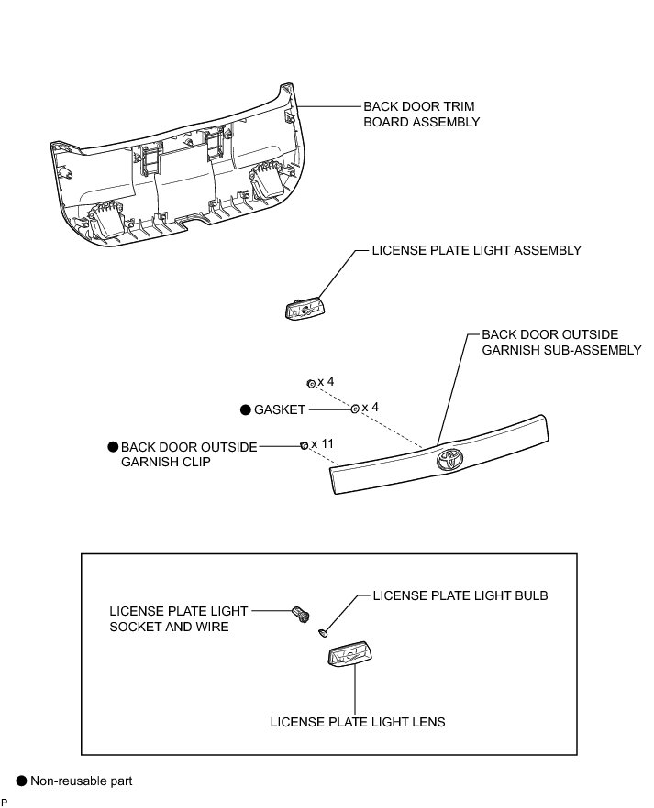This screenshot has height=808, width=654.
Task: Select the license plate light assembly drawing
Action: pyautogui.click(x=305, y=307)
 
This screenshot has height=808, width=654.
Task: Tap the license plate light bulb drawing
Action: pyautogui.click(x=324, y=631)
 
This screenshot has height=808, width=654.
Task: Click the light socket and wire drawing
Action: pyautogui.click(x=299, y=613)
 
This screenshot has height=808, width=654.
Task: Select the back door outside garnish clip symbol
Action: pyautogui.click(x=305, y=445)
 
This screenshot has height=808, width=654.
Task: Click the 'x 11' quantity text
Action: pyautogui.click(x=323, y=444)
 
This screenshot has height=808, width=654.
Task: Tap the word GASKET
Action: pyautogui.click(x=280, y=410)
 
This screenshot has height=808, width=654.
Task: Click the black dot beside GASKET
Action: pyautogui.click(x=244, y=410)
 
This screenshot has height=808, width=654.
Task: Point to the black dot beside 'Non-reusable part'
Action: pyautogui.click(x=21, y=781)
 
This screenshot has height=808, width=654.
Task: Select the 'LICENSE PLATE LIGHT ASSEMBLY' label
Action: pyautogui.click(x=476, y=250)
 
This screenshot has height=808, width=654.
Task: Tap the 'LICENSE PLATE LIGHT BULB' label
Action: pyautogui.click(x=460, y=595)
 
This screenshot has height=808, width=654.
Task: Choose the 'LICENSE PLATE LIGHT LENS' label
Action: pyautogui.click(x=358, y=722)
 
